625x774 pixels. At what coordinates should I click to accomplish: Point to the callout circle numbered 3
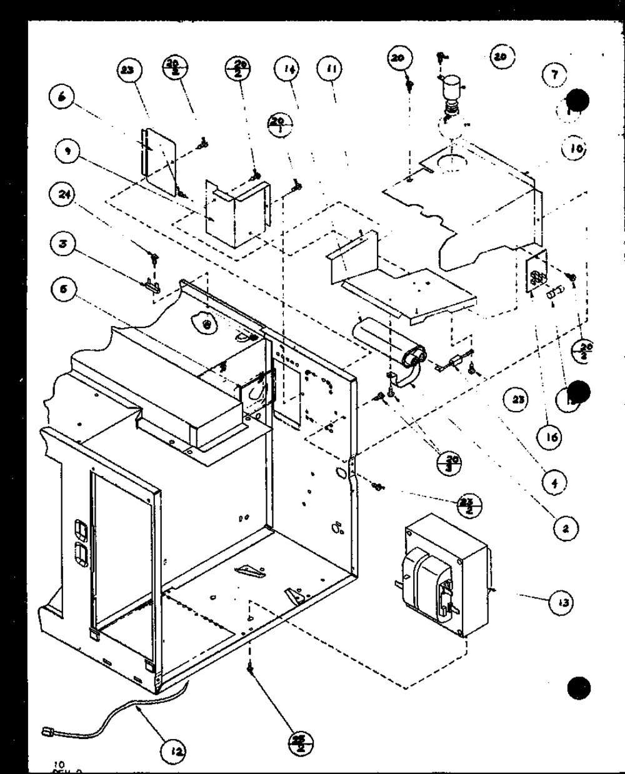[x=62, y=244]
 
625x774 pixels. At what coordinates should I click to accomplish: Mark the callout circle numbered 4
[x=554, y=482]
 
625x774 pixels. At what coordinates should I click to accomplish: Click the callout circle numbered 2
[x=565, y=528]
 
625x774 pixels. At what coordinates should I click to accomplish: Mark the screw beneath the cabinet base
[x=250, y=669]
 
